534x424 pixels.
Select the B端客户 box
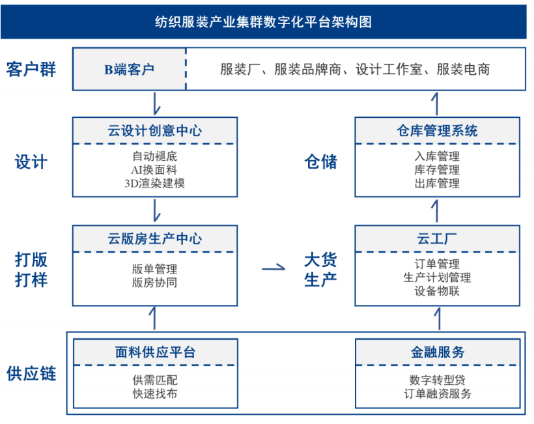coord(129,68)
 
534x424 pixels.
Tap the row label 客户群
coord(31,69)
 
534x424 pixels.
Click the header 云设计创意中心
coord(154,130)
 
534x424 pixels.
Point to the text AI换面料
coord(154,170)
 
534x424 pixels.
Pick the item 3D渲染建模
coord(154,184)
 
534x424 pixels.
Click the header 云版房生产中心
coord(154,238)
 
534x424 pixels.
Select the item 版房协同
coord(154,283)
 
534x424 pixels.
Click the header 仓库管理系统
coord(437,130)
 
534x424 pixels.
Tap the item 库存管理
coord(437,170)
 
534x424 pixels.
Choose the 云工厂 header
coord(437,238)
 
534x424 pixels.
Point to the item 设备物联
coord(437,291)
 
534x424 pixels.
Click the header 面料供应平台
coord(154,352)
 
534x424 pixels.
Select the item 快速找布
coord(154,393)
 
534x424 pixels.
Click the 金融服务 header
coord(438,352)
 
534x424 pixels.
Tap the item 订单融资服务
coord(438,393)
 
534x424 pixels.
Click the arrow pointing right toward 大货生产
coord(273,266)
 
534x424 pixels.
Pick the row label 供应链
coord(31,374)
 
